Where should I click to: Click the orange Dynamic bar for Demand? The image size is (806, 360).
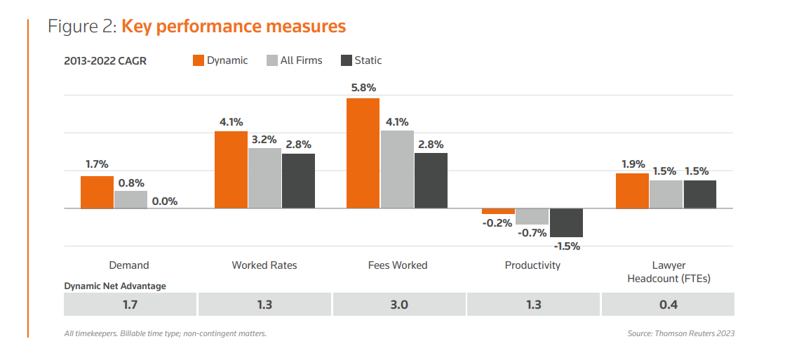97,192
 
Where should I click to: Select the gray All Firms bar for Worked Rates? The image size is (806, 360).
264,178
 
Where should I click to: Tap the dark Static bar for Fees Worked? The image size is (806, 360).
431,180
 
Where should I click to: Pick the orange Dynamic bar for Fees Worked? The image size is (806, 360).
363,153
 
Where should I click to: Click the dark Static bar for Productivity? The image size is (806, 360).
566,222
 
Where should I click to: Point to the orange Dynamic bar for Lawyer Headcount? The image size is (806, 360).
632,191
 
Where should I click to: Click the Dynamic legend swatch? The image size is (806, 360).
199,60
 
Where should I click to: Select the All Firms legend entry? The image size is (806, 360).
294,60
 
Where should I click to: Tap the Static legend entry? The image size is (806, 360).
361,60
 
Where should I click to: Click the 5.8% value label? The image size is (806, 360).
363,88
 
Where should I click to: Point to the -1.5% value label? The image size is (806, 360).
567,246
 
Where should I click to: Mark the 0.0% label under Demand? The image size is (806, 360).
165,201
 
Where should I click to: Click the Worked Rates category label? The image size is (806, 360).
264,265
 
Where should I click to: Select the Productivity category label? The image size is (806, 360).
532,265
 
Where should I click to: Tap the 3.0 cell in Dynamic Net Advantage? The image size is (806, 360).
399,305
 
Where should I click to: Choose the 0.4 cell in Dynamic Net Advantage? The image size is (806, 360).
667,305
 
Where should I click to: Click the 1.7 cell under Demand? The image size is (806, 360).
130,305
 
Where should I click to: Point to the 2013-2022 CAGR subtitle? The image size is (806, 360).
105,61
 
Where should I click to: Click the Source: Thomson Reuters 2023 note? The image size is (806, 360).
680,333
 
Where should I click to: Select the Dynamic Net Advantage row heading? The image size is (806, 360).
115,286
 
